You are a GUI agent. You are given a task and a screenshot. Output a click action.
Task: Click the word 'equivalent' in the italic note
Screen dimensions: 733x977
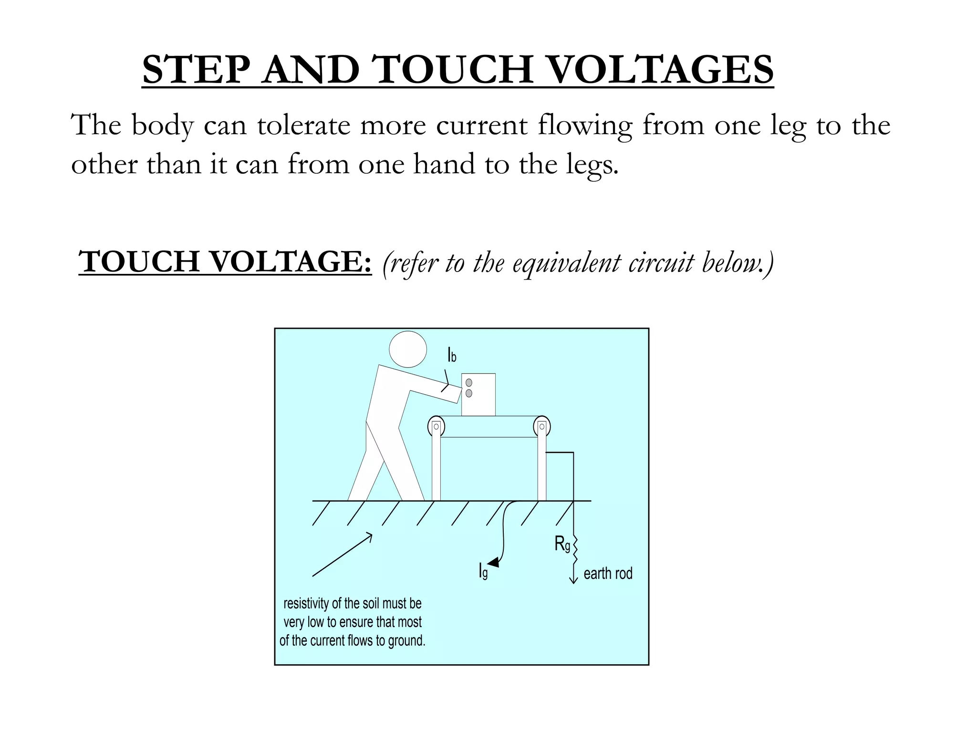[566, 263]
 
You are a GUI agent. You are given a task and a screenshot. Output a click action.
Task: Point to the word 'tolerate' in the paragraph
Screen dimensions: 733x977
[303, 125]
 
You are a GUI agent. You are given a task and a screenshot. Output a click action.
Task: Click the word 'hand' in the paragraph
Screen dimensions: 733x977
[444, 164]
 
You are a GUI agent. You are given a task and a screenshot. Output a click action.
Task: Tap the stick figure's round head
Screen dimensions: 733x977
[408, 349]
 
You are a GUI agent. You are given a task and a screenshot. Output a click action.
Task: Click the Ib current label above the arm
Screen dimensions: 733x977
[452, 355]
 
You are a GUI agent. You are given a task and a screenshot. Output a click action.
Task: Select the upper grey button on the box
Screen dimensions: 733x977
[469, 383]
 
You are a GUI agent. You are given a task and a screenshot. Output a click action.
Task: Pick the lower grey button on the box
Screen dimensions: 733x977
[469, 393]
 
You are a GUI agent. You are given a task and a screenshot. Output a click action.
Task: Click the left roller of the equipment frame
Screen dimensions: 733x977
[436, 426]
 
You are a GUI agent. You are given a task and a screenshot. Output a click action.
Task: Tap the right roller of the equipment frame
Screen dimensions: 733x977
[542, 426]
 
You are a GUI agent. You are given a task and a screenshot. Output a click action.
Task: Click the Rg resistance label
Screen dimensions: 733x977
[562, 544]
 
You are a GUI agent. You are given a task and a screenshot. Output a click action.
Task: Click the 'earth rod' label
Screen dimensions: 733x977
[608, 573]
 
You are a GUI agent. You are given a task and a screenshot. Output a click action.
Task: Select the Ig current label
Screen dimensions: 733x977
[483, 571]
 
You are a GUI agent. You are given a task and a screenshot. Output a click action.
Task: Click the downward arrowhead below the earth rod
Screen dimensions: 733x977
[573, 580]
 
